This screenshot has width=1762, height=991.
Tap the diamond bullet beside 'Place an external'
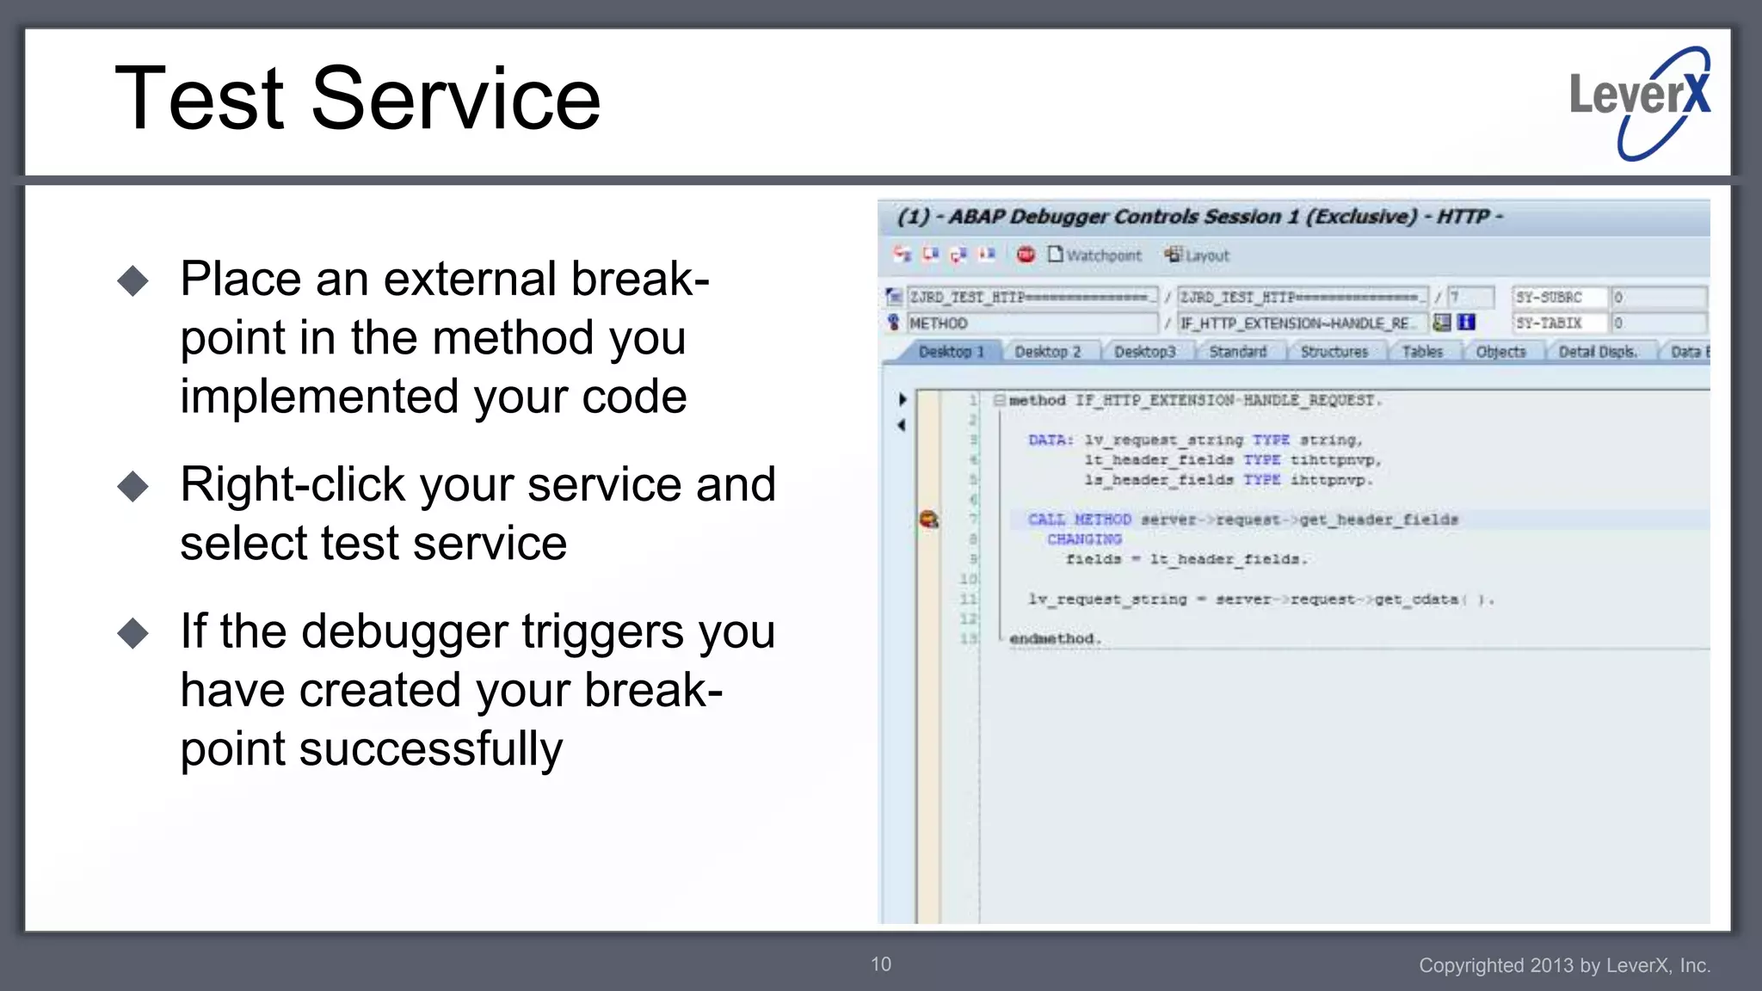point(133,281)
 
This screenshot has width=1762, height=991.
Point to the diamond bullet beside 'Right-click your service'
point(133,487)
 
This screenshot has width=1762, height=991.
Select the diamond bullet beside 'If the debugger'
point(133,634)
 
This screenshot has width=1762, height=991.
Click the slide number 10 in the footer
point(881,964)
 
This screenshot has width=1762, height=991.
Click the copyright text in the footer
point(1563,965)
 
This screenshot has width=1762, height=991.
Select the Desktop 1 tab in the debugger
point(950,352)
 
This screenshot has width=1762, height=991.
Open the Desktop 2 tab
point(1047,352)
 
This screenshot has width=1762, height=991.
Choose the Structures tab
point(1334,352)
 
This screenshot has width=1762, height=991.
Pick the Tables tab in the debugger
point(1421,352)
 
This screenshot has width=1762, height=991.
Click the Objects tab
point(1500,352)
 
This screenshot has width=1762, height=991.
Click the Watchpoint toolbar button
point(1094,255)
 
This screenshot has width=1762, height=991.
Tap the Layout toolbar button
point(1198,255)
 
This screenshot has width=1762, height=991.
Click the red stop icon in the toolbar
point(1026,255)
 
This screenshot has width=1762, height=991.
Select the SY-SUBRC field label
point(1549,297)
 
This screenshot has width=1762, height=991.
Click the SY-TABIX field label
point(1549,323)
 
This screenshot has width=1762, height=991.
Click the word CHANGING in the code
point(1084,539)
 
